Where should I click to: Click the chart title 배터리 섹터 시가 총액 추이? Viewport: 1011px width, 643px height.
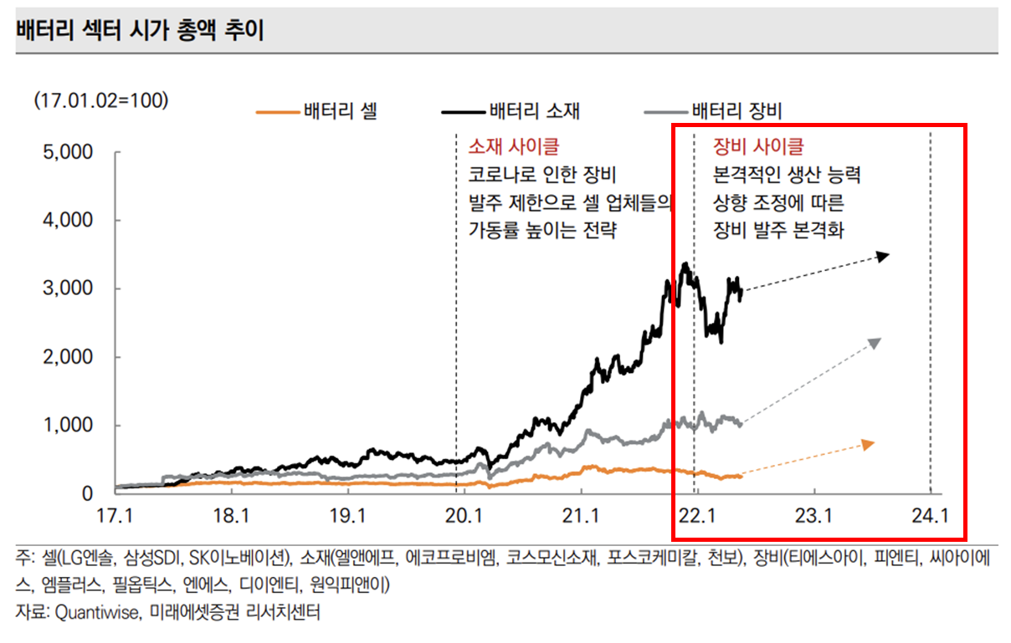(139, 32)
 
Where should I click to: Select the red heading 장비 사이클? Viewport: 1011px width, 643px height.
(757, 147)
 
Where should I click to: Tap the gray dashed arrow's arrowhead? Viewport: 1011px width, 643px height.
(875, 343)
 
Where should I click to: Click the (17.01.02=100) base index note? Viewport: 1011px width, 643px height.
(101, 100)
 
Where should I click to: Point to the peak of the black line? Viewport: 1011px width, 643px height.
(685, 264)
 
